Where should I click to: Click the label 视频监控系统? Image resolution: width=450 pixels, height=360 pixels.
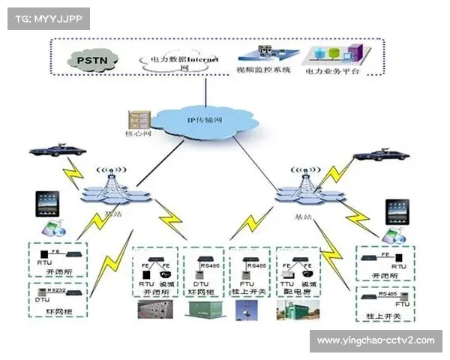(x=262, y=70)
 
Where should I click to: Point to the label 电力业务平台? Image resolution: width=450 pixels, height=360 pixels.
(x=333, y=72)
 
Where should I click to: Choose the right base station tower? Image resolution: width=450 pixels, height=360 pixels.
(x=306, y=187)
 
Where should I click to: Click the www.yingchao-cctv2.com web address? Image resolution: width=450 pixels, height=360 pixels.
(x=376, y=341)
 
